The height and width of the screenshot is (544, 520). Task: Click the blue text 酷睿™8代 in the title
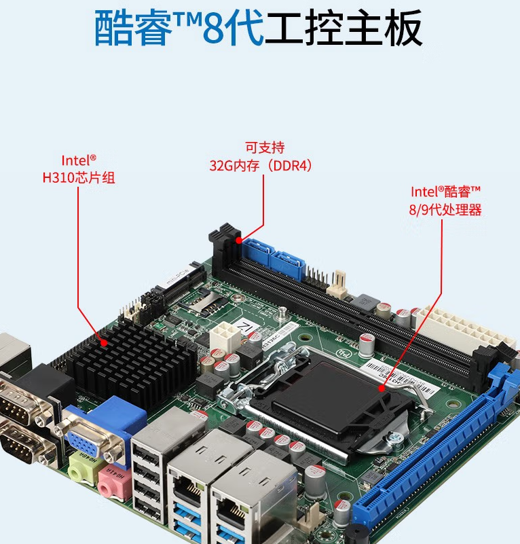tap(178, 29)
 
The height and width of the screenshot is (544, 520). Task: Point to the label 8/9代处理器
tap(445, 210)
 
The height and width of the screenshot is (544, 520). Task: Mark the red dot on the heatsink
tap(104, 343)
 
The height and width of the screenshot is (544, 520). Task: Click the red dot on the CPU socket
tap(382, 389)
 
